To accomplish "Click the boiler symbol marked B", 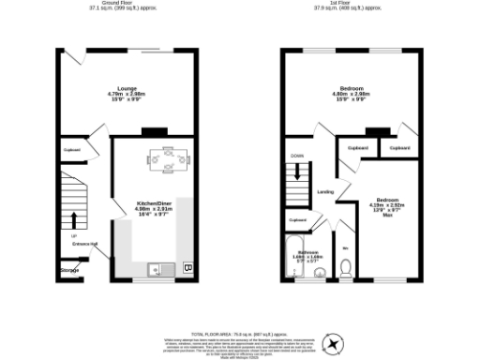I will [x=188, y=268].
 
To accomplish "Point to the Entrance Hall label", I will [x=85, y=245].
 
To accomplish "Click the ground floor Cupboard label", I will [x=72, y=150].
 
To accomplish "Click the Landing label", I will [x=326, y=191].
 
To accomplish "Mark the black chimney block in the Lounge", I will [x=159, y=130].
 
